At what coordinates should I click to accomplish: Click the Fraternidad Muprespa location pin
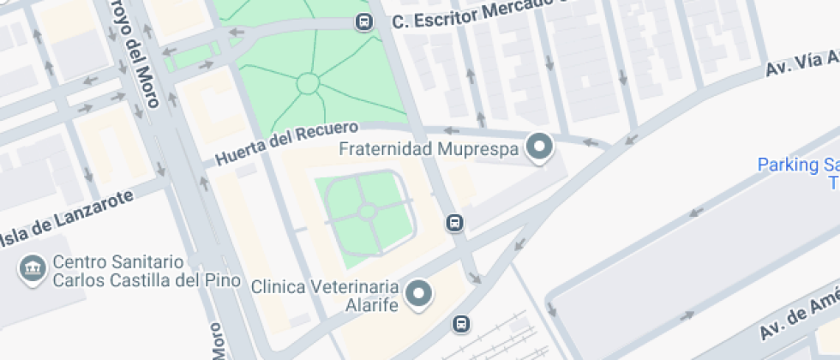click(539, 147)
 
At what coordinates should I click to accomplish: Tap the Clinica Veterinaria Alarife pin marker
click(419, 293)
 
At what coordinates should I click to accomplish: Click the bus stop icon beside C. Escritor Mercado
click(364, 21)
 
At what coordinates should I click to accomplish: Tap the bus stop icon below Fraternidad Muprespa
click(454, 223)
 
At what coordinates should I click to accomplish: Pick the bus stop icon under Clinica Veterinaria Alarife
click(461, 323)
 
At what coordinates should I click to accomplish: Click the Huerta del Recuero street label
click(285, 145)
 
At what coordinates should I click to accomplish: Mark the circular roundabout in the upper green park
click(308, 83)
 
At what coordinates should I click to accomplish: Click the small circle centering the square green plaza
click(367, 211)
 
